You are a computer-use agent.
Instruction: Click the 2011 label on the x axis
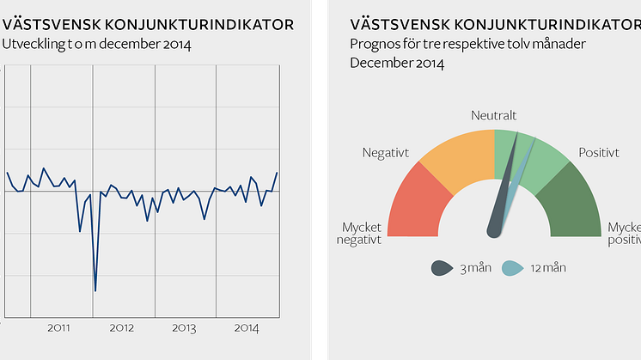click(59, 328)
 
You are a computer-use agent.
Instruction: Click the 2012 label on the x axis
click(122, 328)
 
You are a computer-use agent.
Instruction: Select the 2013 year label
click(185, 328)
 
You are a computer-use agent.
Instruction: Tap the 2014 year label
click(247, 328)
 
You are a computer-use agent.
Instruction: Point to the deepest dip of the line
click(95, 290)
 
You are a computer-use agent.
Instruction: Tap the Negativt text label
click(385, 153)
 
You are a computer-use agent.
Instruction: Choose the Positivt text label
click(599, 153)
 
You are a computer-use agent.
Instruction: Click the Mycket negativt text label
click(361, 233)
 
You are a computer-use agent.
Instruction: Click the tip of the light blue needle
click(534, 140)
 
